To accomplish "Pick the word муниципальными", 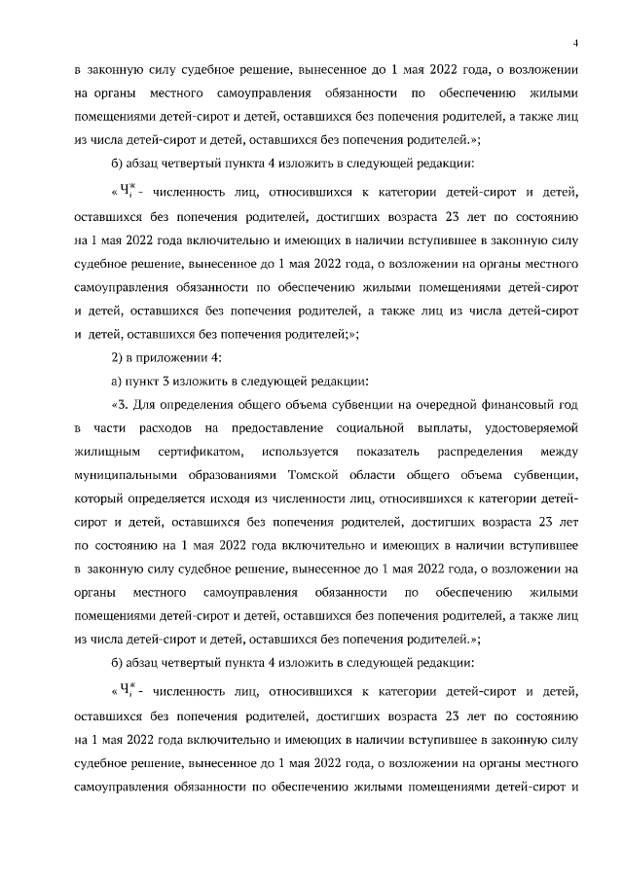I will click(124, 477).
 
